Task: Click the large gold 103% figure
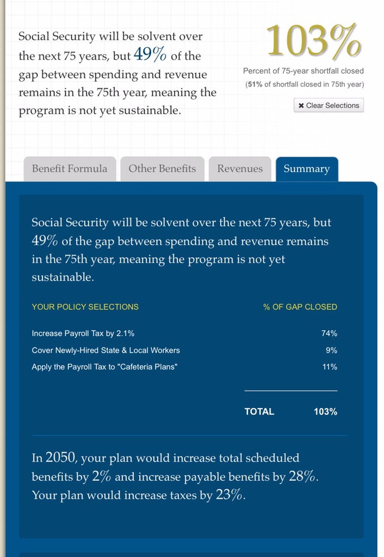point(314,41)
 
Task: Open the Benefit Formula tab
point(70,169)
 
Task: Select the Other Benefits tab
point(162,169)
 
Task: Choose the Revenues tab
point(240,169)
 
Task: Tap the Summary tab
point(307,169)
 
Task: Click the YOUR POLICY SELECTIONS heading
point(85,307)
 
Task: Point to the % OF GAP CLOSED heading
point(300,307)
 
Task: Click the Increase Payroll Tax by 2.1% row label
point(83,333)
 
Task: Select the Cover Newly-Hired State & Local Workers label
point(106,350)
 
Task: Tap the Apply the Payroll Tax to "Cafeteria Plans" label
point(104,367)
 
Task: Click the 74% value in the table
point(329,333)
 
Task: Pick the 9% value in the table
point(331,350)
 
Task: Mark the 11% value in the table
point(330,367)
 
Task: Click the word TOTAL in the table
point(259,411)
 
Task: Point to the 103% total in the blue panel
point(325,411)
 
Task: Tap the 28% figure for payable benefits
point(302,476)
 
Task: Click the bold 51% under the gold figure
point(254,84)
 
